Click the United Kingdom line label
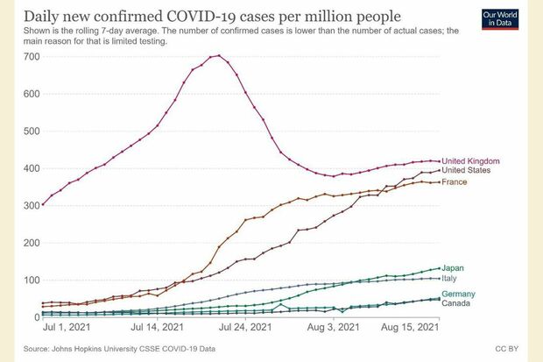point(470,161)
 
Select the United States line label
point(466,171)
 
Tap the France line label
point(455,182)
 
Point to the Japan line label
point(454,268)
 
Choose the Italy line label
point(450,278)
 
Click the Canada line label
point(457,304)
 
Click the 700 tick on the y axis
point(32,56)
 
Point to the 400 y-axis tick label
point(32,168)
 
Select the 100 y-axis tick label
point(32,280)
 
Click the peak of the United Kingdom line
point(216,55)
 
